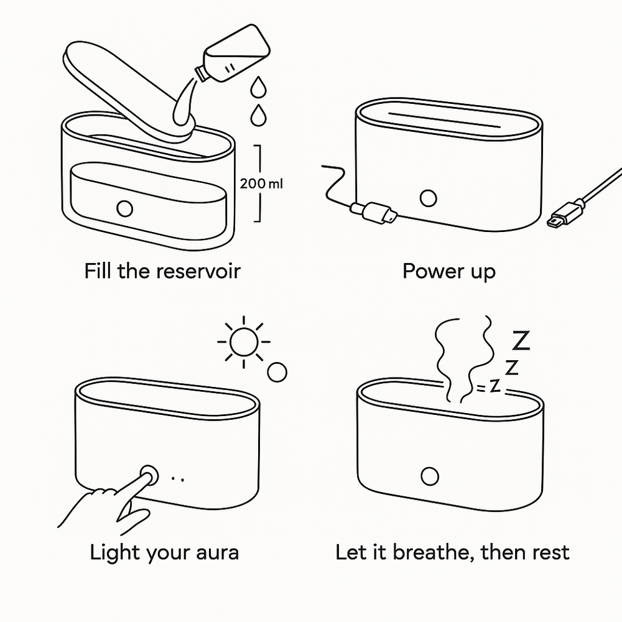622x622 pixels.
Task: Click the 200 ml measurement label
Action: click(261, 183)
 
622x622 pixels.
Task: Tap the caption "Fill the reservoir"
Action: click(162, 271)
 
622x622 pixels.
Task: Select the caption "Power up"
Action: click(448, 271)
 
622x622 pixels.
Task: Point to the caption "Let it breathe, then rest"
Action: click(452, 552)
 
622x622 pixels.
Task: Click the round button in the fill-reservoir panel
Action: click(124, 208)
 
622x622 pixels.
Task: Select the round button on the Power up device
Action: click(427, 198)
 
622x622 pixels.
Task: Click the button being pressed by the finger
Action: click(149, 476)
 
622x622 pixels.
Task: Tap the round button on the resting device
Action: click(429, 476)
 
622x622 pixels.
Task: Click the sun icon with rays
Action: click(243, 341)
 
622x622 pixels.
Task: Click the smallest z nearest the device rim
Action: click(495, 386)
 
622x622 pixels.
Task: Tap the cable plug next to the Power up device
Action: click(374, 211)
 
